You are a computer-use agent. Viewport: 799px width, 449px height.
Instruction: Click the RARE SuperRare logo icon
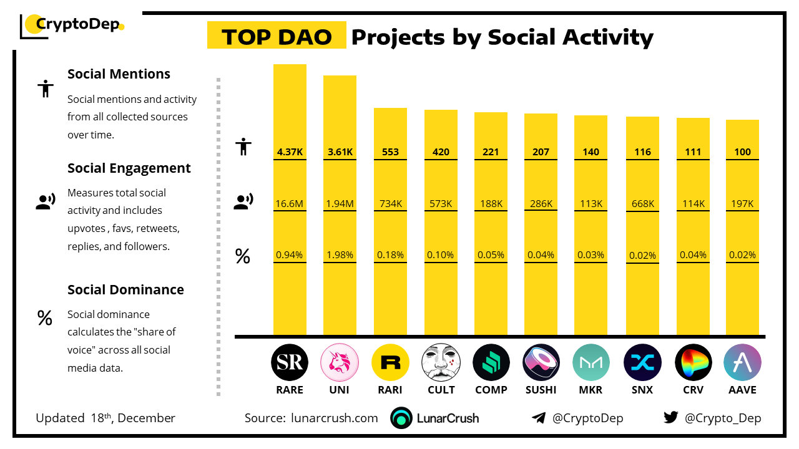[x=290, y=362]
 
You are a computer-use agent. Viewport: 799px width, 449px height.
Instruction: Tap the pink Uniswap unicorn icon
[x=340, y=362]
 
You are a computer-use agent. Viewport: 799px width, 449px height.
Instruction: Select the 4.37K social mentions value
[x=290, y=152]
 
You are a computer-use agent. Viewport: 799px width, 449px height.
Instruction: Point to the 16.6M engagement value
[x=290, y=203]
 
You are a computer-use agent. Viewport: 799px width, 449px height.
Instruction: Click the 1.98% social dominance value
[x=340, y=254]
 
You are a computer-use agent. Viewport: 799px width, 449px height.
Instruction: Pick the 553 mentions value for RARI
[x=390, y=152]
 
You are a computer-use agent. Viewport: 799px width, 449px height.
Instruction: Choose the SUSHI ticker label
[x=541, y=390]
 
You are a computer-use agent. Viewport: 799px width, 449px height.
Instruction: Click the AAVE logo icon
[x=742, y=362]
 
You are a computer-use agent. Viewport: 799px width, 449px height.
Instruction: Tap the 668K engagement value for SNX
[x=642, y=203]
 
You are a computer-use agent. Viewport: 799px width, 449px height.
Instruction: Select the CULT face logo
[x=441, y=362]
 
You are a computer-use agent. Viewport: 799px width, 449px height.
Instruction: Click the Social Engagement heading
[x=129, y=168]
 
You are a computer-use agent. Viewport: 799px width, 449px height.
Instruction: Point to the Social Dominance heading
[x=125, y=289]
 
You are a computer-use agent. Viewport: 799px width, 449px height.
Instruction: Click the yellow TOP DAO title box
[x=277, y=37]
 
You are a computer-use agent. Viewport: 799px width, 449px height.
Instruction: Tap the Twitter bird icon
[x=670, y=417]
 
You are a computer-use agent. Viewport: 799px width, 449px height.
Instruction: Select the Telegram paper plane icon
[x=538, y=418]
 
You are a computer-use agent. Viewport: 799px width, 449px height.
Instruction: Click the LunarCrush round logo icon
[x=401, y=418]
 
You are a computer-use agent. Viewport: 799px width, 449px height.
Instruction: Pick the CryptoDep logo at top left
[x=72, y=26]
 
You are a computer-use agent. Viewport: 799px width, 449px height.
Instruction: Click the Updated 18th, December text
[x=105, y=418]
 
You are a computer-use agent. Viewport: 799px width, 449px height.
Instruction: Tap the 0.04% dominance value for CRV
[x=693, y=254]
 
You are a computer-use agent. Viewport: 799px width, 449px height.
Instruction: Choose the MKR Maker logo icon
[x=591, y=362]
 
